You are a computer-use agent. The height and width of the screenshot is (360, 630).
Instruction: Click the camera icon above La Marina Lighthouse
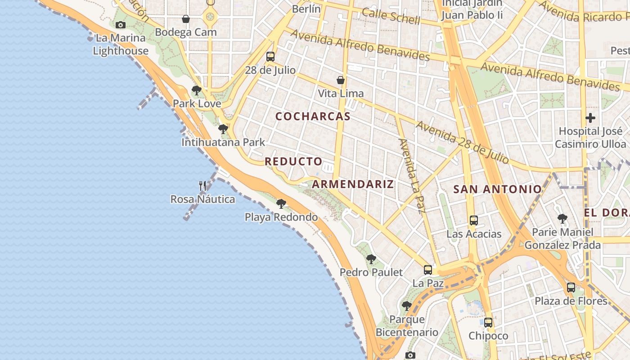point(120,25)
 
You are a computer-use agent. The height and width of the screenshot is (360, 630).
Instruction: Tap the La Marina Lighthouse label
point(121,44)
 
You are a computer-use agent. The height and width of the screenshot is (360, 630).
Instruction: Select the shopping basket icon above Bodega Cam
point(186,19)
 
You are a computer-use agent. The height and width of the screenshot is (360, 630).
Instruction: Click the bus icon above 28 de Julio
point(270,57)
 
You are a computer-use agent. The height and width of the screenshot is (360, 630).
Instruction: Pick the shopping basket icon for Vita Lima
point(341,80)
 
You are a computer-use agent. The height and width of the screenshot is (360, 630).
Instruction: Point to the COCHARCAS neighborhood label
point(313,116)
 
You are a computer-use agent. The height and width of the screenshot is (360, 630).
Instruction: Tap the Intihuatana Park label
point(223,142)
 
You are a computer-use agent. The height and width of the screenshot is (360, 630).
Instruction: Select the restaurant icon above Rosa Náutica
point(202,185)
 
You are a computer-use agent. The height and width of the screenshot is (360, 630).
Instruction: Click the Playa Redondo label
point(281,217)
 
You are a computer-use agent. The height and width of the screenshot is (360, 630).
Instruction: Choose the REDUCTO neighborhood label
point(293,162)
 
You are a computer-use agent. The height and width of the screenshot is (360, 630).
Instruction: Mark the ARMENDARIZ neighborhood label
point(353,184)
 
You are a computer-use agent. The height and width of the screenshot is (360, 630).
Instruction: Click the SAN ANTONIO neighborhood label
point(497,189)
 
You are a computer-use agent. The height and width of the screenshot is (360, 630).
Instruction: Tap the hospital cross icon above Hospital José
point(590,118)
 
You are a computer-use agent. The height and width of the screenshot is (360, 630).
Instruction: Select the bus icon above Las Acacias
point(473,220)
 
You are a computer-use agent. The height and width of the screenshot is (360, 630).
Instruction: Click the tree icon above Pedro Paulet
point(371,259)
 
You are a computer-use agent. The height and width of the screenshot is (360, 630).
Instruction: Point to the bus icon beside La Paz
point(428,270)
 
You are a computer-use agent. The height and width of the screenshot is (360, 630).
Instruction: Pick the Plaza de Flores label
point(571,301)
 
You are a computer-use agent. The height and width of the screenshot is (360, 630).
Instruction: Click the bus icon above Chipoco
point(488,323)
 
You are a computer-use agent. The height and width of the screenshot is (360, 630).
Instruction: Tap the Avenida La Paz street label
point(412,175)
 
